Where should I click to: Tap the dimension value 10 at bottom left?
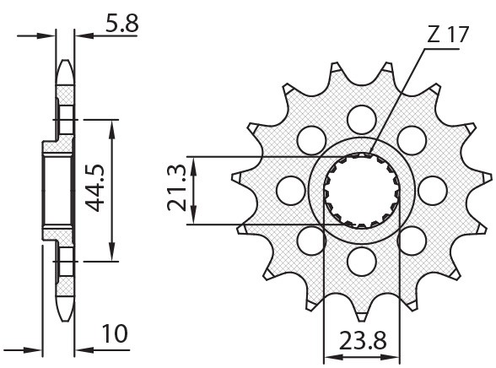pyautogui.click(x=116, y=334)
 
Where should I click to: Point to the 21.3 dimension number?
pyautogui.click(x=177, y=190)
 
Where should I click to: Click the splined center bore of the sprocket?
pyautogui.click(x=361, y=190)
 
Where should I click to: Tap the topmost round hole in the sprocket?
pyautogui.click(x=361, y=117)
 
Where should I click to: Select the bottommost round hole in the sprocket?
pyautogui.click(x=361, y=258)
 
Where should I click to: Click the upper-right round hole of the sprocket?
pyautogui.click(x=411, y=138)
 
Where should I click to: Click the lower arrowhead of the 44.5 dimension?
pyautogui.click(x=111, y=255)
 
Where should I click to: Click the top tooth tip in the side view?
pyautogui.click(x=65, y=65)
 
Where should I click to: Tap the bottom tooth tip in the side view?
pyautogui.click(x=65, y=312)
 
